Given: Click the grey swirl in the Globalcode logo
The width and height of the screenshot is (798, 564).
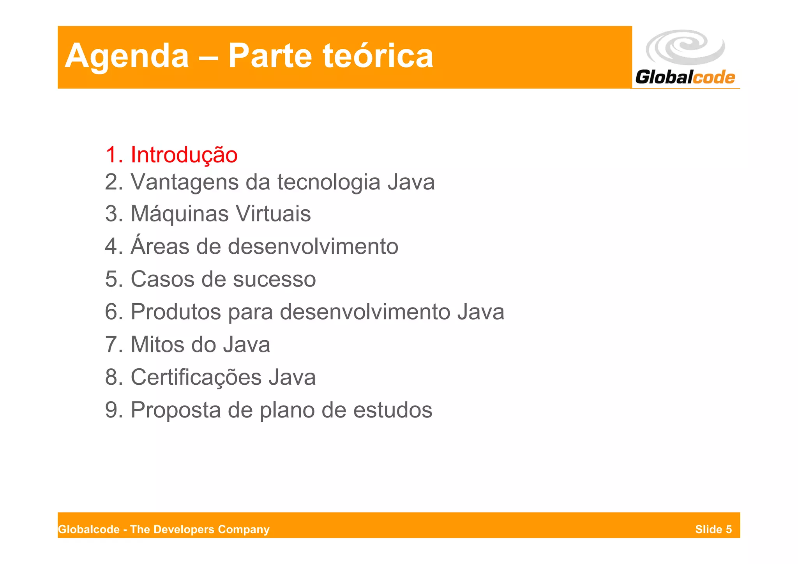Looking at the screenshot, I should (x=685, y=47).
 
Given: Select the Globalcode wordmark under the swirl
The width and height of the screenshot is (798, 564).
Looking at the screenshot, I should (x=685, y=77).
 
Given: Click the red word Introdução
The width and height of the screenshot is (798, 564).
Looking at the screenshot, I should (x=184, y=155).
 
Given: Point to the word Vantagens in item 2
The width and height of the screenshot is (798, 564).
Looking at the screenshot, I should (x=184, y=182).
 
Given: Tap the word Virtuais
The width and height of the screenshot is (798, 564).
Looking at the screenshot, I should (x=273, y=214).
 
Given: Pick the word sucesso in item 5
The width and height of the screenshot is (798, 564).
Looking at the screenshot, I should (x=274, y=279).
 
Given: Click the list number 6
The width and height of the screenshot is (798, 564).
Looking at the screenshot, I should (x=112, y=312).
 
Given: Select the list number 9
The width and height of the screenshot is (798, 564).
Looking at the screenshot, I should (x=112, y=410).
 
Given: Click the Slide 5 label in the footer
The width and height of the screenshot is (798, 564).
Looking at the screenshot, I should (x=713, y=529).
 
